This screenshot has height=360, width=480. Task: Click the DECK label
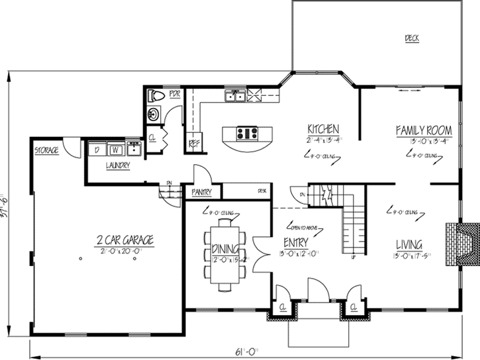pyautogui.click(x=412, y=38)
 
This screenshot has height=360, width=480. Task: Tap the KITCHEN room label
pyautogui.click(x=323, y=129)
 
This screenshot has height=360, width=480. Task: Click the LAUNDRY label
pyautogui.click(x=118, y=165)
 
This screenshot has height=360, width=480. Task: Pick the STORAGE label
pyautogui.click(x=46, y=151)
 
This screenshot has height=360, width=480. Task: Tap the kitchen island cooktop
pyautogui.click(x=247, y=133)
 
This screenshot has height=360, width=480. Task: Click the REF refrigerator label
pyautogui.click(x=194, y=142)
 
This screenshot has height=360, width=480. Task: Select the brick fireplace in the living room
pyautogui.click(x=461, y=243)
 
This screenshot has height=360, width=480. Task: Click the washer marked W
pyautogui.click(x=114, y=149)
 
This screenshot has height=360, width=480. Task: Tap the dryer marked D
pyautogui.click(x=97, y=149)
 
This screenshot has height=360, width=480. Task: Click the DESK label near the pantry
pyautogui.click(x=262, y=191)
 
